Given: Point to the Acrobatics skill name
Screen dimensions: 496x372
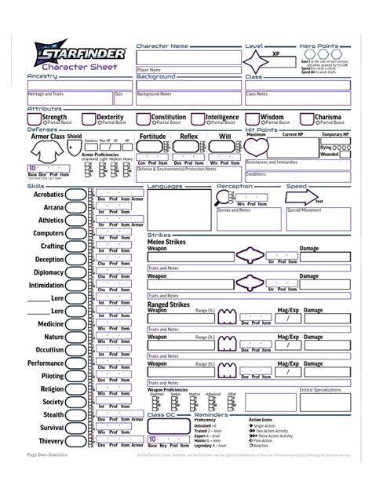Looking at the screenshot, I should tap(48, 194).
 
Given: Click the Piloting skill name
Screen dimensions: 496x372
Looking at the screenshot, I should tap(52, 376).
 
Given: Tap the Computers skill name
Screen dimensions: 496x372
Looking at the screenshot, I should tap(49, 233).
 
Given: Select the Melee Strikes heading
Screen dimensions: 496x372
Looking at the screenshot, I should tap(166, 243).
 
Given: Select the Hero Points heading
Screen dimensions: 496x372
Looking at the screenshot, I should tap(319, 46).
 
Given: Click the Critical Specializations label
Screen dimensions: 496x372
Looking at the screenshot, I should tap(321, 389).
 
